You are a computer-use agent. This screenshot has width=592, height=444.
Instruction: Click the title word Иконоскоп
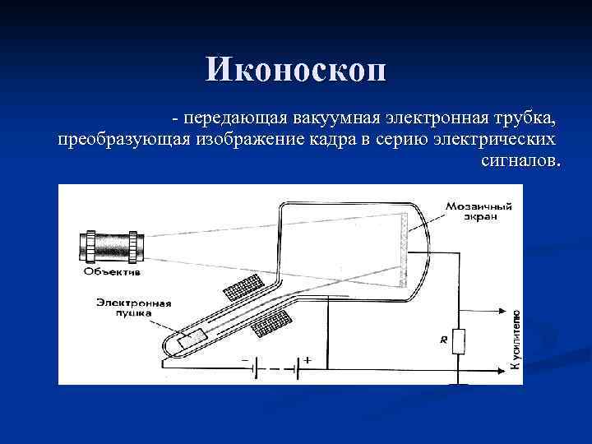[x=295, y=70]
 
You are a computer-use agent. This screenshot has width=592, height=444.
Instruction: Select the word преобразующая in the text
[x=124, y=138]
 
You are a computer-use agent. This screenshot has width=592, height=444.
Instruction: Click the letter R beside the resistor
[x=443, y=338]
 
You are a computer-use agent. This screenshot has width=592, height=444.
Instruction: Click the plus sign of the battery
[x=306, y=360]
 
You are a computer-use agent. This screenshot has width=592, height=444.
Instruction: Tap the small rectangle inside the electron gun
[x=195, y=337]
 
